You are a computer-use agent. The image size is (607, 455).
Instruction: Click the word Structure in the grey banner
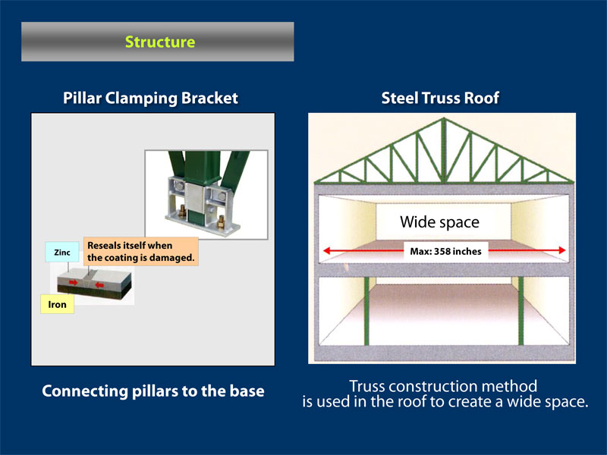click(x=160, y=42)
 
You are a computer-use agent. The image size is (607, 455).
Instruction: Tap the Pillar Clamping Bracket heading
click(x=150, y=99)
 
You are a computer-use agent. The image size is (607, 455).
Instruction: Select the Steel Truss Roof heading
click(x=440, y=99)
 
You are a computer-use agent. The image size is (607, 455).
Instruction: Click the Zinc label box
click(x=62, y=253)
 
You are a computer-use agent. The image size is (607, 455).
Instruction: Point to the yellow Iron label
click(x=58, y=305)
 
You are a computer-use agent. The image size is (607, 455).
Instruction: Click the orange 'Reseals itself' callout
click(x=141, y=252)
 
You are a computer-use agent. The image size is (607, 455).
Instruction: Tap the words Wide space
click(x=440, y=222)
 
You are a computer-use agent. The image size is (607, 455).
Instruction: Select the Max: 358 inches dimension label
click(x=445, y=252)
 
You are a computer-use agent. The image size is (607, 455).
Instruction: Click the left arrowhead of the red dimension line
click(x=327, y=251)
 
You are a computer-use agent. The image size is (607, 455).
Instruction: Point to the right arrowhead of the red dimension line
click(x=561, y=250)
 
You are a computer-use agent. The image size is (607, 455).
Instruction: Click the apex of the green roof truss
click(x=444, y=119)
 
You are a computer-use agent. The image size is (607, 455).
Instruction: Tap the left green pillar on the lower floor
click(x=366, y=311)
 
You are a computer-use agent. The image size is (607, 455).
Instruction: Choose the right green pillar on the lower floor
click(x=521, y=311)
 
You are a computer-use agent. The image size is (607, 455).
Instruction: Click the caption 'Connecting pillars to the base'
click(x=153, y=391)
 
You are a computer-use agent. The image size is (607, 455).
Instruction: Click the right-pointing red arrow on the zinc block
click(x=73, y=283)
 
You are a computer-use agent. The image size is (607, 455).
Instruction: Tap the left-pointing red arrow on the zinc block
click(x=99, y=285)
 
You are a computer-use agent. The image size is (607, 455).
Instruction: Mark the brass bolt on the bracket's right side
click(x=221, y=221)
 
